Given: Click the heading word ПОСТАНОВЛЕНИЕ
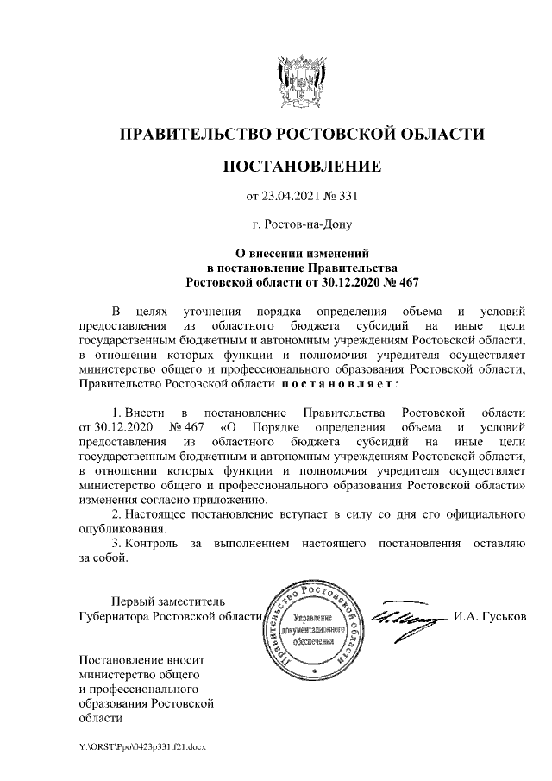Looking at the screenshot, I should pyautogui.click(x=302, y=165).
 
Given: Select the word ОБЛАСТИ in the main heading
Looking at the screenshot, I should pyautogui.click(x=442, y=135).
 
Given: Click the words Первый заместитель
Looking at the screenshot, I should pyautogui.click(x=169, y=601).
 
